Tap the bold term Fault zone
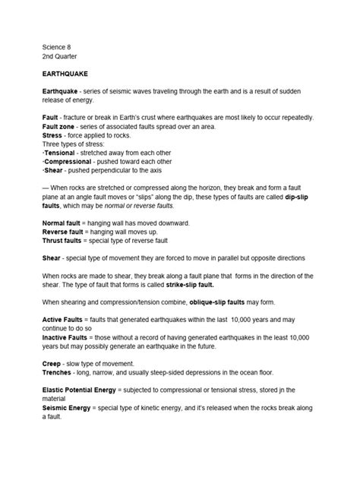coord(60,127)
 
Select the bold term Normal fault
coord(65,223)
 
